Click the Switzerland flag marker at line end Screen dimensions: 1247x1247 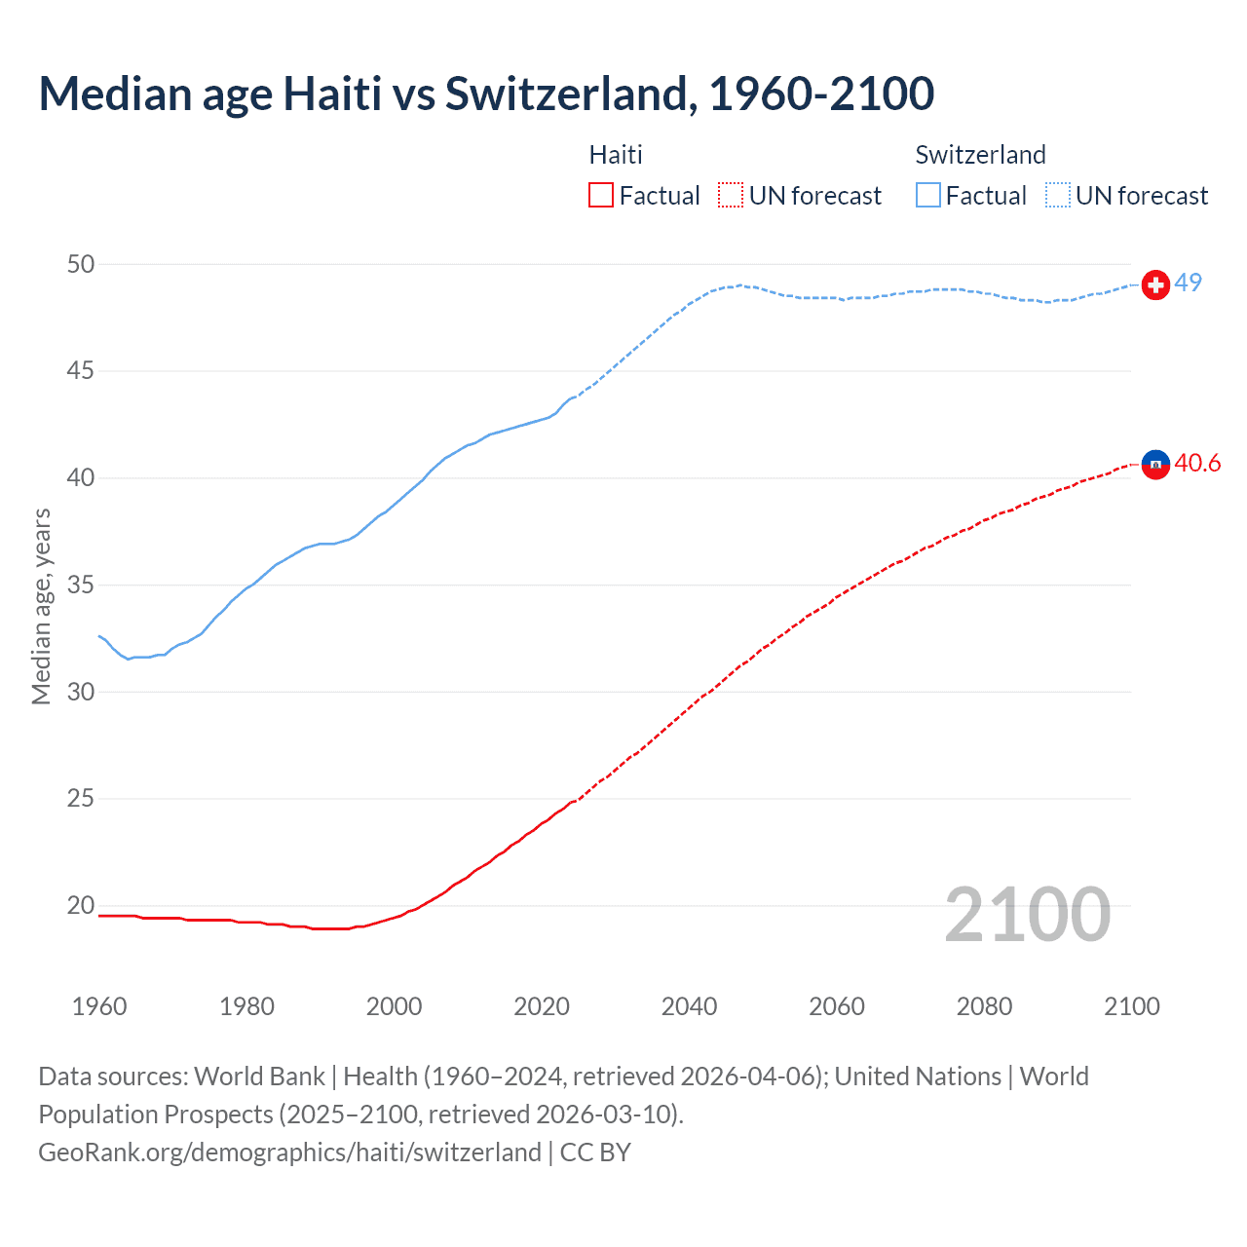pyautogui.click(x=1155, y=284)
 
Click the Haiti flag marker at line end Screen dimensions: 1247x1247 pyautogui.click(x=1155, y=466)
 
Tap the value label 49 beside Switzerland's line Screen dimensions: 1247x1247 pyautogui.click(x=1188, y=283)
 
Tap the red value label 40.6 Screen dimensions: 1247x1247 pyautogui.click(x=1197, y=463)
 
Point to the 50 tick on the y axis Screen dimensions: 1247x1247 pyautogui.click(x=82, y=264)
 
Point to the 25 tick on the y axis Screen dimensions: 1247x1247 pyautogui.click(x=82, y=799)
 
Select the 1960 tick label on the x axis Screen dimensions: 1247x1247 pyautogui.click(x=99, y=1006)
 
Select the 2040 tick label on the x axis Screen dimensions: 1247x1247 pyautogui.click(x=689, y=1006)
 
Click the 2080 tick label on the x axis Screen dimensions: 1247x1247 pyautogui.click(x=984, y=1006)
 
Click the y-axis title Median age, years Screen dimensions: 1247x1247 pyautogui.click(x=41, y=606)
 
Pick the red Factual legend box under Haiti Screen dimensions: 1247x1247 pyautogui.click(x=601, y=196)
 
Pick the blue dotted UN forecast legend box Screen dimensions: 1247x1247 pyautogui.click(x=1058, y=196)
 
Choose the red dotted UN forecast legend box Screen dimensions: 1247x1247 pyautogui.click(x=731, y=196)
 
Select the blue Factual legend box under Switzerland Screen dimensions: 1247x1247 pyautogui.click(x=928, y=196)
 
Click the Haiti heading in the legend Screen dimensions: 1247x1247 pyautogui.click(x=616, y=155)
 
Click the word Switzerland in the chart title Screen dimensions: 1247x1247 pyautogui.click(x=570, y=94)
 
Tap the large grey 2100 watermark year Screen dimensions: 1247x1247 pyautogui.click(x=1027, y=914)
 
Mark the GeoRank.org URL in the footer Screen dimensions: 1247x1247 pyautogui.click(x=289, y=1153)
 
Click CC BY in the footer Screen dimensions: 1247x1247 pyautogui.click(x=595, y=1153)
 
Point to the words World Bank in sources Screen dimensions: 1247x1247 pyautogui.click(x=259, y=1077)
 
